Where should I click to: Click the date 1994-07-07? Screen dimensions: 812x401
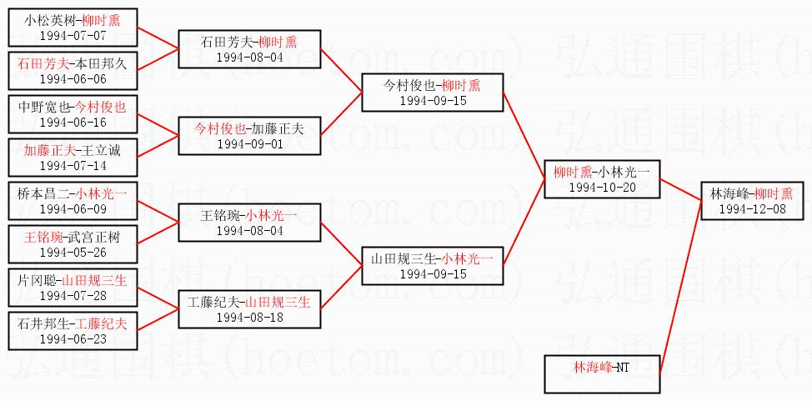tap(73, 35)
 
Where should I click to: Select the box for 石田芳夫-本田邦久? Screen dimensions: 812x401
tap(73, 71)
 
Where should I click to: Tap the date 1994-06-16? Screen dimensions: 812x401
tap(73, 122)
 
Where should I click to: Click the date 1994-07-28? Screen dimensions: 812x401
tap(73, 295)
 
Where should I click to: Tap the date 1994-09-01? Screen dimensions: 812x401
tap(249, 143)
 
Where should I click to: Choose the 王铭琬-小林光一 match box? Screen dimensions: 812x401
tap(249, 222)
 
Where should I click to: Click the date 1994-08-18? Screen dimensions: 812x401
tap(249, 317)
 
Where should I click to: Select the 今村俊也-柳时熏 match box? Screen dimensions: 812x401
tap(432, 92)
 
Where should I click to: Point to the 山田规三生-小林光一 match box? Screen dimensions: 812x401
tap(432, 265)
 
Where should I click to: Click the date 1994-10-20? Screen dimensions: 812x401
tap(603, 187)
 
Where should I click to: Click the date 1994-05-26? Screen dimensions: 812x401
tap(73, 252)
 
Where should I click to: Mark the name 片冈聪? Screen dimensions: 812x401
tap(36, 281)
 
